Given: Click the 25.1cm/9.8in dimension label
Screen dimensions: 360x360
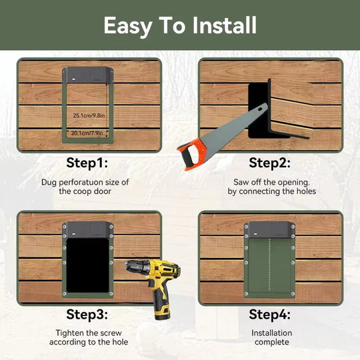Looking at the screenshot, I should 91,115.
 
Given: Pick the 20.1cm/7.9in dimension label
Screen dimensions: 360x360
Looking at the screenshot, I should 91,132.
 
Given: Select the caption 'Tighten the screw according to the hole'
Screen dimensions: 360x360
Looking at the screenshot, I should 89,337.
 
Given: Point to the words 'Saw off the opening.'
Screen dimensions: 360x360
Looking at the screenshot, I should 271,181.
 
